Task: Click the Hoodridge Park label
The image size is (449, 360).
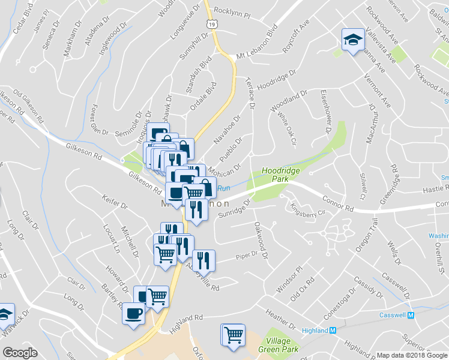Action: [x=281, y=175]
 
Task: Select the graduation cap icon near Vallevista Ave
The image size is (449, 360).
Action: [x=352, y=40]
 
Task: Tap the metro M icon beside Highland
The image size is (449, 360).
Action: [x=333, y=331]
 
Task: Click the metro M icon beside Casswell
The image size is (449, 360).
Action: [x=411, y=316]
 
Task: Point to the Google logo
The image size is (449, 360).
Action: [x=20, y=352]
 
